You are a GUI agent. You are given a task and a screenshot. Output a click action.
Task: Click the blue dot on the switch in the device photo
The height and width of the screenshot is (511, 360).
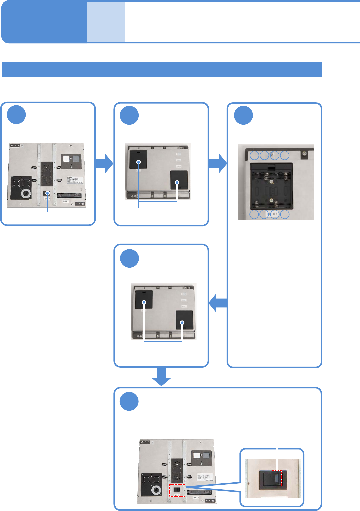point(48,193)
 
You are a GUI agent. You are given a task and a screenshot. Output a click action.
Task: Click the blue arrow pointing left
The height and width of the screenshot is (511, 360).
point(218,303)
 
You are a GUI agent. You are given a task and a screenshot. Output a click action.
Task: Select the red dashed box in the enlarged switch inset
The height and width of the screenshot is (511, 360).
point(277,478)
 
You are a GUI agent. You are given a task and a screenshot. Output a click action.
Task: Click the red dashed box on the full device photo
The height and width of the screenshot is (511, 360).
point(177,490)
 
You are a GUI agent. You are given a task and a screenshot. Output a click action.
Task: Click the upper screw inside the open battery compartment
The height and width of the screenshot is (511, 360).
point(272,182)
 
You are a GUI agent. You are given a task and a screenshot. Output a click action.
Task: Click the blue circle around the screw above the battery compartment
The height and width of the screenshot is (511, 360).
point(274,155)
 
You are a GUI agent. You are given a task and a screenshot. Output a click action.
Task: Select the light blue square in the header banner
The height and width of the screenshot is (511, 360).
point(106,22)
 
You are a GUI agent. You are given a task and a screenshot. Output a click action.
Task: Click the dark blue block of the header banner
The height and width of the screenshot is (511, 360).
point(44,22)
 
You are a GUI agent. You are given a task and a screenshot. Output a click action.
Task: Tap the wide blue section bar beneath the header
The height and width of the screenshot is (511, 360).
point(162,69)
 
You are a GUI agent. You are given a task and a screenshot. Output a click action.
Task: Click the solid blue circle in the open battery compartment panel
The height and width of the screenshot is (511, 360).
point(243,115)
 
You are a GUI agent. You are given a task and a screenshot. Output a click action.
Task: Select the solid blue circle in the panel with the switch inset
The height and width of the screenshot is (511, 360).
point(129,401)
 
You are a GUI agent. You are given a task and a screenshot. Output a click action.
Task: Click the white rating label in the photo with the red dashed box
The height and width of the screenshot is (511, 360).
point(205,477)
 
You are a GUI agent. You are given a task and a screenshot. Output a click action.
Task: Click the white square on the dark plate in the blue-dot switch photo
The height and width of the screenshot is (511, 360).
point(66,159)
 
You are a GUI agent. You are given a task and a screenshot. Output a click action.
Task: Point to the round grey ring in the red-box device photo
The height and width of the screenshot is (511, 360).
point(155,490)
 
